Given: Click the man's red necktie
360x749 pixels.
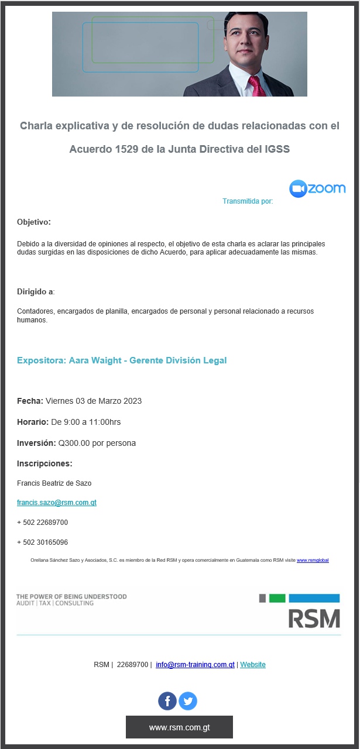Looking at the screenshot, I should point(257,87).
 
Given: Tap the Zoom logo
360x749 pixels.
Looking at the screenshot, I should point(317,188).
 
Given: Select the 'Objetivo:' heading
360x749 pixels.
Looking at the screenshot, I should point(34,222).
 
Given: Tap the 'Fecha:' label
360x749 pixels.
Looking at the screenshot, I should point(30,401).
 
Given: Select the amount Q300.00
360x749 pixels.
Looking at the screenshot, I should point(74,443).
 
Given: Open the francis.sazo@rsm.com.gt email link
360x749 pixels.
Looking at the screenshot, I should point(57,503).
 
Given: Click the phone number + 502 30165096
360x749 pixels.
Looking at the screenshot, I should point(42,542).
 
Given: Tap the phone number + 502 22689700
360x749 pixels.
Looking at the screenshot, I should point(42,523).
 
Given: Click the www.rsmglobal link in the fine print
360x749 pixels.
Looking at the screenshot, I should point(313,561).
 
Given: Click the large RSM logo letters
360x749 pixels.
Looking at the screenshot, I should point(314,619).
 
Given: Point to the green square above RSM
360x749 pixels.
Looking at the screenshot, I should point(277,598).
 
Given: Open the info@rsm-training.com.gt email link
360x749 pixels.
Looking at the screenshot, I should point(195,665).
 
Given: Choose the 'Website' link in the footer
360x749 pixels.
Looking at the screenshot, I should point(253,665).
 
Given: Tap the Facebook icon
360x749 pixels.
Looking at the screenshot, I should point(167,701).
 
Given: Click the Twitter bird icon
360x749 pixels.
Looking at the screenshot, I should point(188,701).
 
